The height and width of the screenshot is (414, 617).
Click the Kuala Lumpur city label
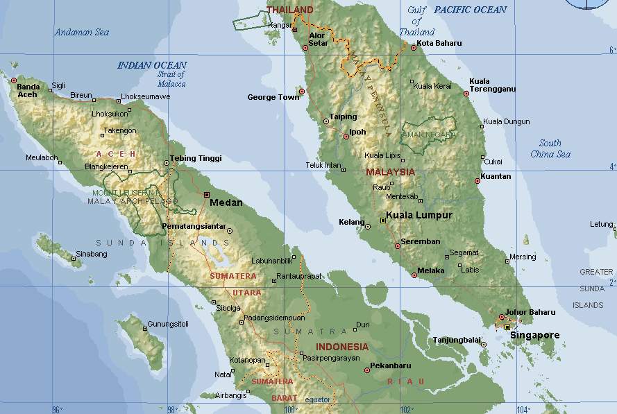[419, 216]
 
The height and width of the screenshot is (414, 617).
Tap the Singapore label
[534, 336]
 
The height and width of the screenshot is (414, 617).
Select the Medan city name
[226, 203]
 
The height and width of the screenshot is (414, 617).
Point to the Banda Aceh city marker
[13, 80]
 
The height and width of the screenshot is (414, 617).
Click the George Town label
[273, 98]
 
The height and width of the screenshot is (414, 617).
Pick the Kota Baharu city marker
[413, 48]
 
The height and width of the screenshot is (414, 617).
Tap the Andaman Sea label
[83, 32]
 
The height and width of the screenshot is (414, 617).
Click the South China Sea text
[550, 149]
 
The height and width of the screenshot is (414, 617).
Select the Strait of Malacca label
[171, 79]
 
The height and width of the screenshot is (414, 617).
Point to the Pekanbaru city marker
[367, 370]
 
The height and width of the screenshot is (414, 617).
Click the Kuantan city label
[496, 177]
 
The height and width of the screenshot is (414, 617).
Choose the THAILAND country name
[289, 10]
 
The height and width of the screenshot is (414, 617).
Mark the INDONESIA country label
[342, 347]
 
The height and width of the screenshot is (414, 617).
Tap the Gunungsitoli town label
[169, 325]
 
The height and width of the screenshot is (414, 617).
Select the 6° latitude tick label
[611, 51]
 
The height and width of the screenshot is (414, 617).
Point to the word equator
[318, 399]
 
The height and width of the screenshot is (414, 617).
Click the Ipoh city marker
[346, 137]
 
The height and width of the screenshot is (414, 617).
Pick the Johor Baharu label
[531, 312]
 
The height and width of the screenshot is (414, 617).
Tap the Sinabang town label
[92, 255]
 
